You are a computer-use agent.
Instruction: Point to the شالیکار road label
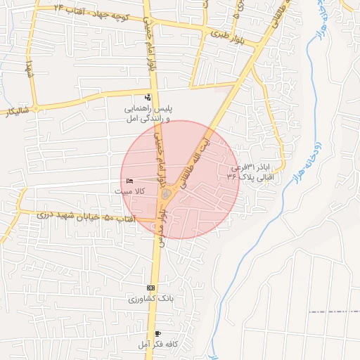point(18,110)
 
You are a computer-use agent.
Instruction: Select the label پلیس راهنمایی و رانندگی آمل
point(148,115)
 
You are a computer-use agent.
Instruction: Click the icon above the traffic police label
point(148,97)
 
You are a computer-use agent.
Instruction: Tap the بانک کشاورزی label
point(150,299)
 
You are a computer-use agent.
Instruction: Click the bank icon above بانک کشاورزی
point(150,288)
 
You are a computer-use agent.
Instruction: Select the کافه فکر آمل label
point(156,343)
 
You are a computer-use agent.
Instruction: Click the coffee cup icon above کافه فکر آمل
point(157,333)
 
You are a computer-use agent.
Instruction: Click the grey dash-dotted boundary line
point(334,310)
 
